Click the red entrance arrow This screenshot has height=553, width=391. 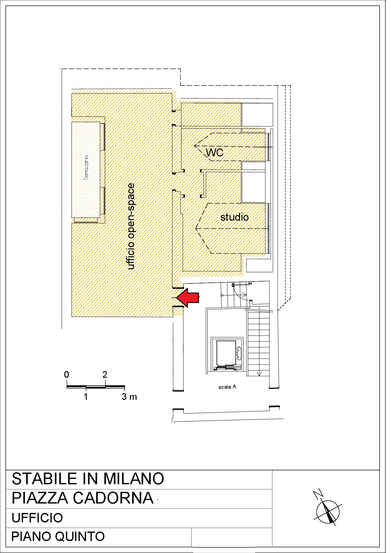[188, 298]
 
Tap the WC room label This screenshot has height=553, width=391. [214, 153]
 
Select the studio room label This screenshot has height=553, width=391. [234, 217]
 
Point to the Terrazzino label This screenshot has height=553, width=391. [86, 167]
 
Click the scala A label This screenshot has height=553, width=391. [227, 387]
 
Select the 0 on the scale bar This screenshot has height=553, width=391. [67, 375]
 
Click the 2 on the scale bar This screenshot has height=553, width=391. [105, 375]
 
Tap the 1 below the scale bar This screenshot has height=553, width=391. [86, 397]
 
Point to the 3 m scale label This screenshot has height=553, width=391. [129, 397]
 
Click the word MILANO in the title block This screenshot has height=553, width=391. [134, 479]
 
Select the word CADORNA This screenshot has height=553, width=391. [113, 498]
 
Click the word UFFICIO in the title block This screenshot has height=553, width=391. [37, 518]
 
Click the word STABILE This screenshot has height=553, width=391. [45, 479]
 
